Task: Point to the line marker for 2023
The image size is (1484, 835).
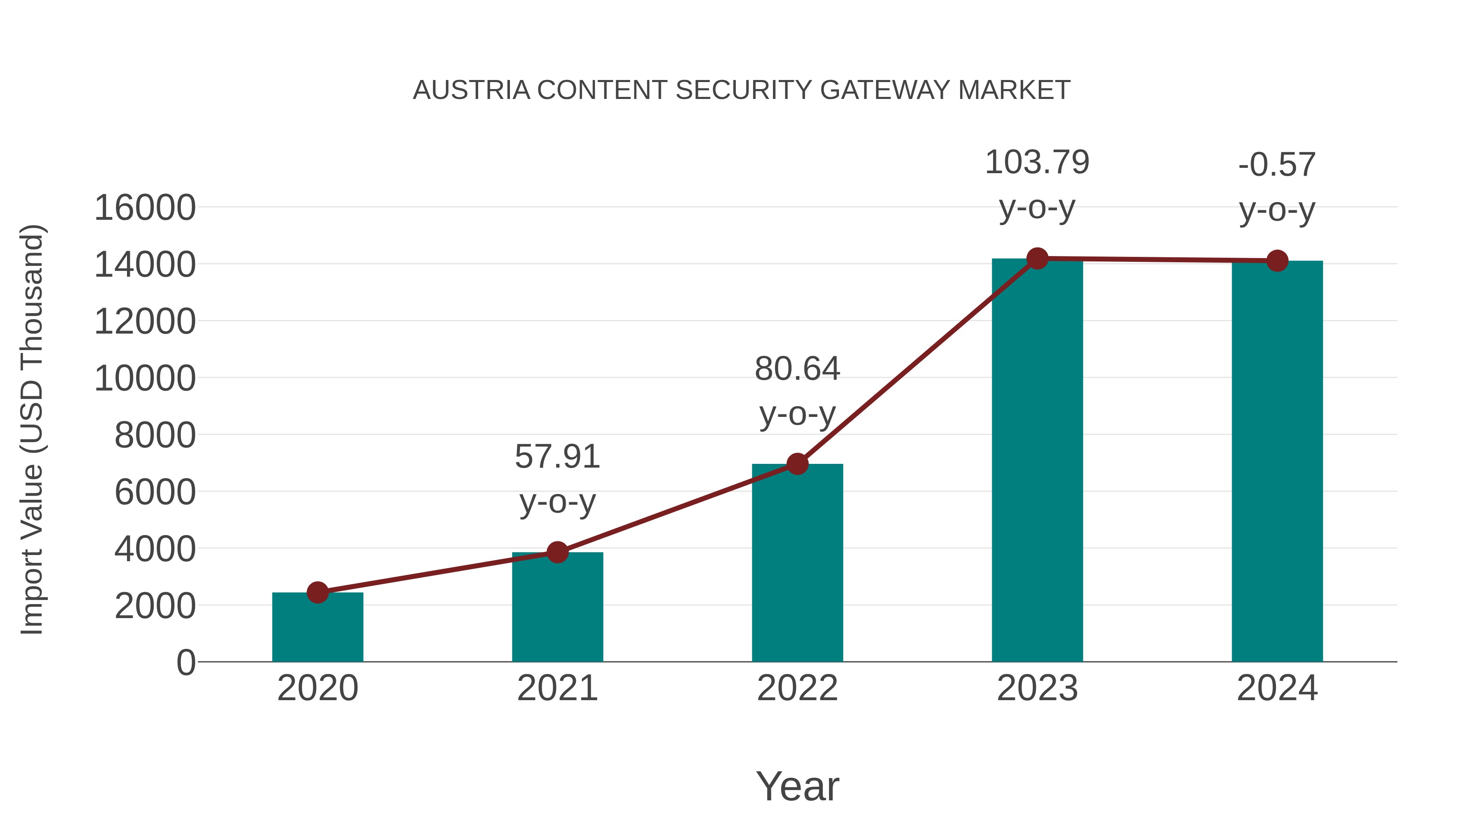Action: tap(1037, 259)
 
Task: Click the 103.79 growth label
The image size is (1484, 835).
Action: tap(1037, 162)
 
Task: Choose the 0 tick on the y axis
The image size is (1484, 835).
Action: tap(185, 662)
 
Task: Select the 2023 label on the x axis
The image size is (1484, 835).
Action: tap(1037, 688)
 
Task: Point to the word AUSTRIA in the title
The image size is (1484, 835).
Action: tap(471, 90)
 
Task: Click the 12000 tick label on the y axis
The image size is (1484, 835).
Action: tap(145, 322)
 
